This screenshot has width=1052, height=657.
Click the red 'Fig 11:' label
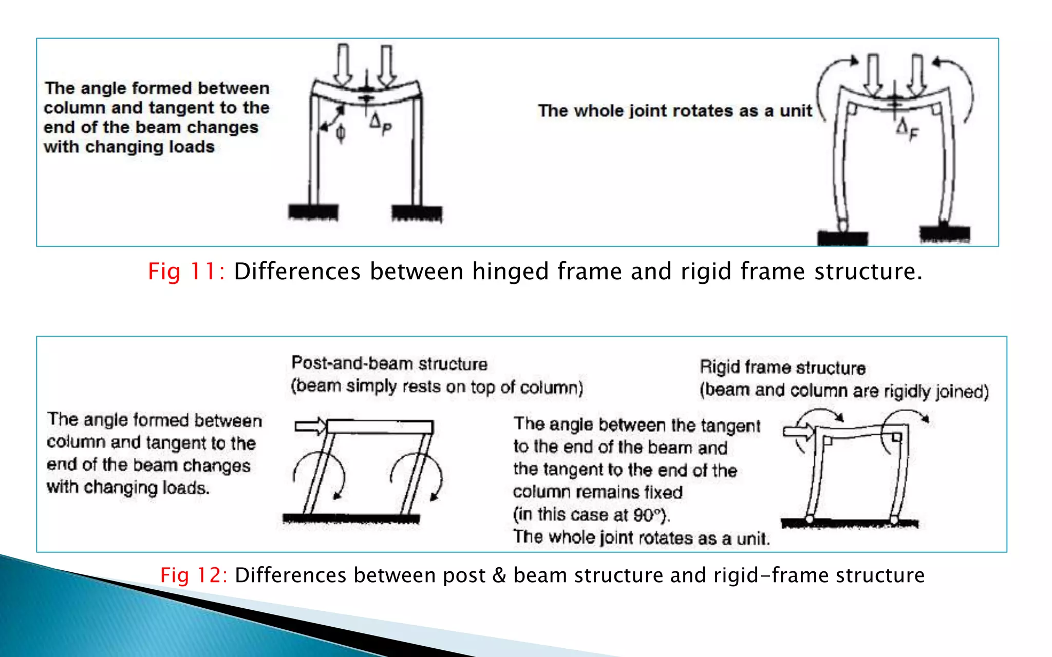tap(186, 271)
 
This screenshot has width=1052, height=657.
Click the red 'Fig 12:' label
tap(194, 575)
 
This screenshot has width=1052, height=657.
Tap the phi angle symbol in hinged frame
tap(340, 133)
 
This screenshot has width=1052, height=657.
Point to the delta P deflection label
tap(381, 125)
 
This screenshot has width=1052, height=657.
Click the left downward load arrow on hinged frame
tap(343, 65)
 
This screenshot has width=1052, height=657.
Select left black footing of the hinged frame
tap(313, 212)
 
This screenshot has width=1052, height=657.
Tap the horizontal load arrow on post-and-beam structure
tap(310, 426)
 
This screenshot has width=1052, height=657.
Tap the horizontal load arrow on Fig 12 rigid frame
tap(798, 432)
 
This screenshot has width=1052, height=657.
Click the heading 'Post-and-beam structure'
tap(389, 363)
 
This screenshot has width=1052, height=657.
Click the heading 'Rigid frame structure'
tap(782, 368)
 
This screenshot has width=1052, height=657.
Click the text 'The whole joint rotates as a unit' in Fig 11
tap(674, 111)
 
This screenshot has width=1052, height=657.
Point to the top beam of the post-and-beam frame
tap(380, 427)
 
